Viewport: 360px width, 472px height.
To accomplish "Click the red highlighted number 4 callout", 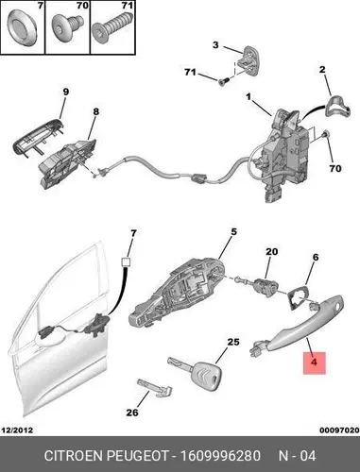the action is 314,362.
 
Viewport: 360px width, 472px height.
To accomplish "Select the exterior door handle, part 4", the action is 299,328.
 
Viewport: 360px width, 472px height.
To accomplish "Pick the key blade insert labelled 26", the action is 155,388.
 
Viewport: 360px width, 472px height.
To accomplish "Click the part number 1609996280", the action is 220,456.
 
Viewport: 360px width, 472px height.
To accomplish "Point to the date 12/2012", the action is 17,430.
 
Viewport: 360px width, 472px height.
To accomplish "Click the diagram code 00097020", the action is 339,430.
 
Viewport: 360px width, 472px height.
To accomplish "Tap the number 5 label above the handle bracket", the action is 233,232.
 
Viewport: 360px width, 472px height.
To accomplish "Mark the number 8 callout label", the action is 95,111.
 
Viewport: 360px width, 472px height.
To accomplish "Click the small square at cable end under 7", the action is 126,261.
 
